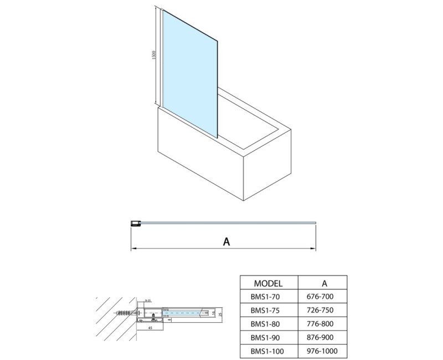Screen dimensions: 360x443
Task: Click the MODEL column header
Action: (268, 282)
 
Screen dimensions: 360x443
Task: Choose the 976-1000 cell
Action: (322, 351)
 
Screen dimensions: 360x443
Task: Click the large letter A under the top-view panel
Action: (225, 241)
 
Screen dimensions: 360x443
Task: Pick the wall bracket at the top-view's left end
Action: (134, 224)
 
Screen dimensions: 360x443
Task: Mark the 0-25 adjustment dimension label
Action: (148, 301)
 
